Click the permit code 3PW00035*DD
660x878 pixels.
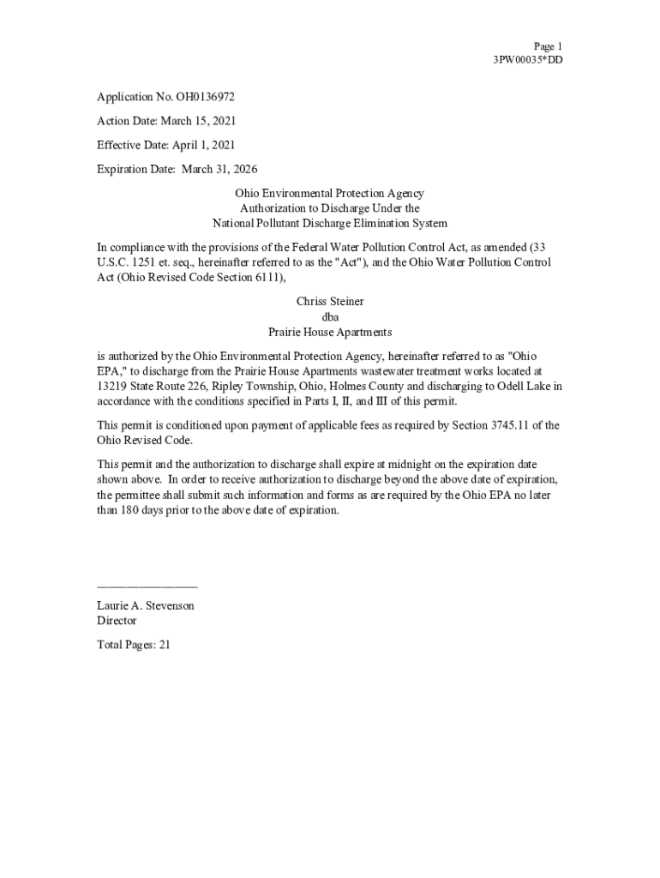(528, 60)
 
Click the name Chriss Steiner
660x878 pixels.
(330, 301)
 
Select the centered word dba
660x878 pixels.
(330, 316)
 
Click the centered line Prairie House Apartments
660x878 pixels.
(330, 332)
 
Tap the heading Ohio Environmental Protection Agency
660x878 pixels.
(330, 194)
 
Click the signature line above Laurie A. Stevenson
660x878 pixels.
(147, 586)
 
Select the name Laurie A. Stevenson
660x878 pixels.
(146, 605)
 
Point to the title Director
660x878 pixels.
(117, 621)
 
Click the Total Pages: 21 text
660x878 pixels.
(134, 645)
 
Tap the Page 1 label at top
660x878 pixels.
(548, 46)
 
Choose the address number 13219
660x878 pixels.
(112, 386)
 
